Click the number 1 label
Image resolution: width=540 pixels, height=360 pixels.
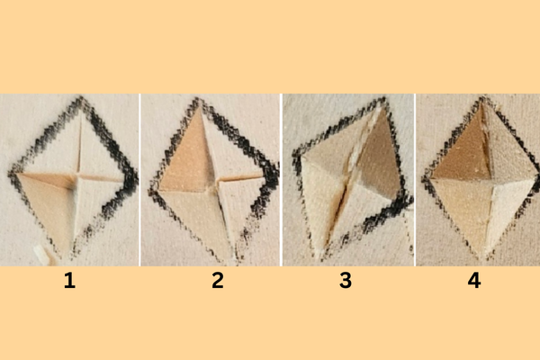point(69,281)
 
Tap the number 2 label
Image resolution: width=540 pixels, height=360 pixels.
point(218,281)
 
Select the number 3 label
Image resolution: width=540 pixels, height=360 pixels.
point(346,281)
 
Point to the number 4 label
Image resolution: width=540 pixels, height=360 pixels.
point(474,281)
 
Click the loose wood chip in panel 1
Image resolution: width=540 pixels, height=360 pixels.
point(41,255)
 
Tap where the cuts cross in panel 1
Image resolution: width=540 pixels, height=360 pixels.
point(77,176)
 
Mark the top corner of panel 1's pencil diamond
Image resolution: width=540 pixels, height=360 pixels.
point(81,98)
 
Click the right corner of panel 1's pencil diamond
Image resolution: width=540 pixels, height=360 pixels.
point(133,179)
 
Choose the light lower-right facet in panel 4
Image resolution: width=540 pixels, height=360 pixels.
point(505,207)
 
